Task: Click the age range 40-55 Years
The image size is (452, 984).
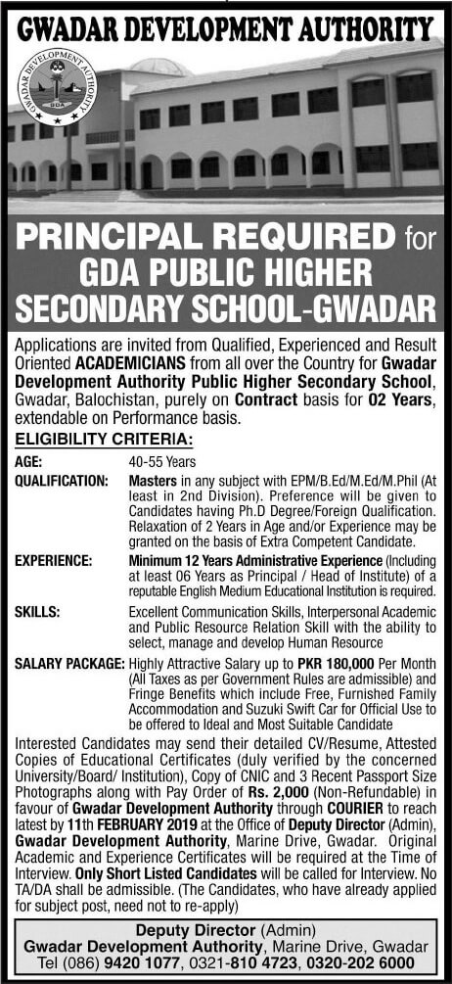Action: (x=162, y=462)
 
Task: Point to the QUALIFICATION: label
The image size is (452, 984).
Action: (x=62, y=482)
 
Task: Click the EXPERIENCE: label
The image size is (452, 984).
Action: (x=54, y=560)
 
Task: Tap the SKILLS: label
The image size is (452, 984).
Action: (x=37, y=612)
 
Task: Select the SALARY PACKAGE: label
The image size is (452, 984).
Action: (x=69, y=664)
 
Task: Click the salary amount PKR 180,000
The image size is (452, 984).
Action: (x=338, y=664)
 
